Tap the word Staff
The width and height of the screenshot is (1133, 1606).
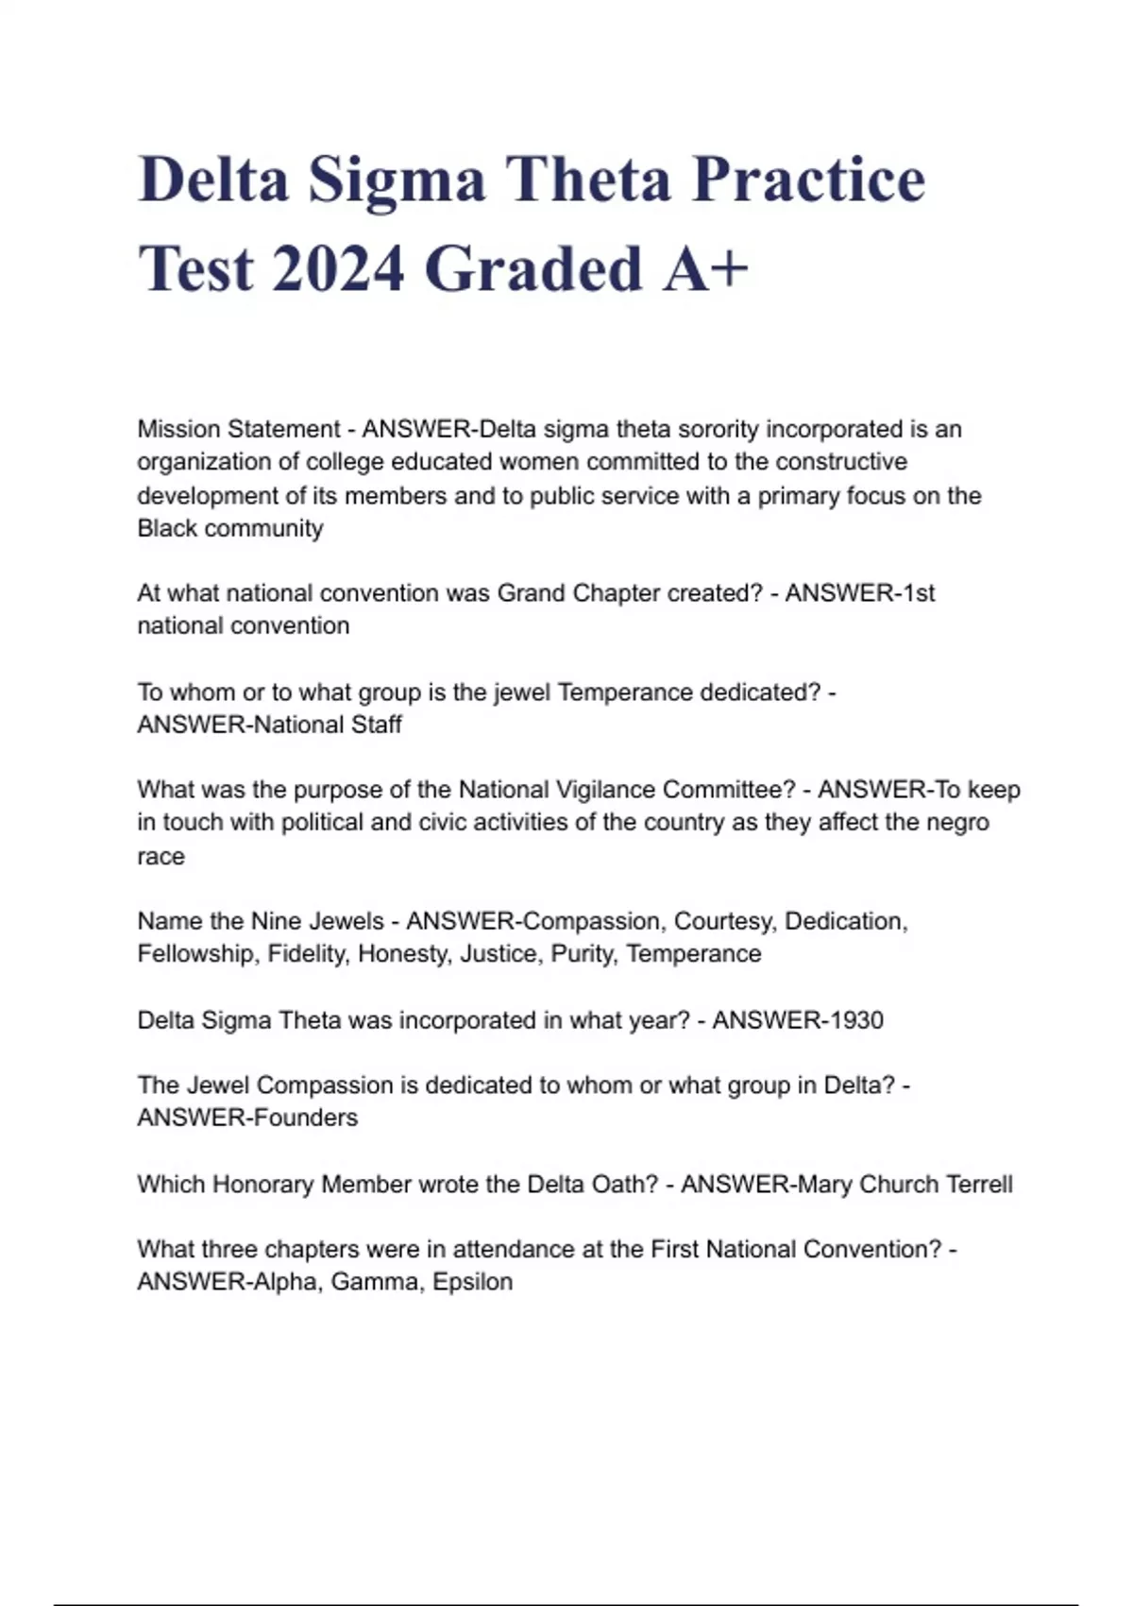pyautogui.click(x=377, y=725)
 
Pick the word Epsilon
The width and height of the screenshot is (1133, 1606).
pyautogui.click(x=472, y=1282)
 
